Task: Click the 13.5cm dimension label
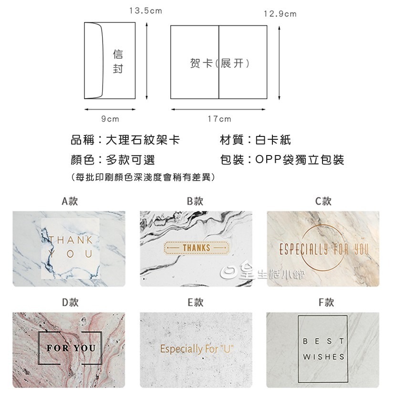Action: point(146,10)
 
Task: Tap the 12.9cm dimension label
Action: point(280,14)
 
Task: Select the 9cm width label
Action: point(110,119)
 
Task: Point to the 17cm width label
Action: point(219,119)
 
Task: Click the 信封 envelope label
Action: point(118,62)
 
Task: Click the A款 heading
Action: point(70,201)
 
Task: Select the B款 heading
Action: point(195,201)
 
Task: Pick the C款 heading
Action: point(323,201)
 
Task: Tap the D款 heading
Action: point(70,302)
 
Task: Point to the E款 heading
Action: point(195,302)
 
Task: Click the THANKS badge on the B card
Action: point(196,248)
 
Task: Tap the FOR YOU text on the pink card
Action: point(71,348)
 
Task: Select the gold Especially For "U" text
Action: point(197,349)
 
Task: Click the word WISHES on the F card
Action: point(323,357)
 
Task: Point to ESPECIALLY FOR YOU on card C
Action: point(323,249)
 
